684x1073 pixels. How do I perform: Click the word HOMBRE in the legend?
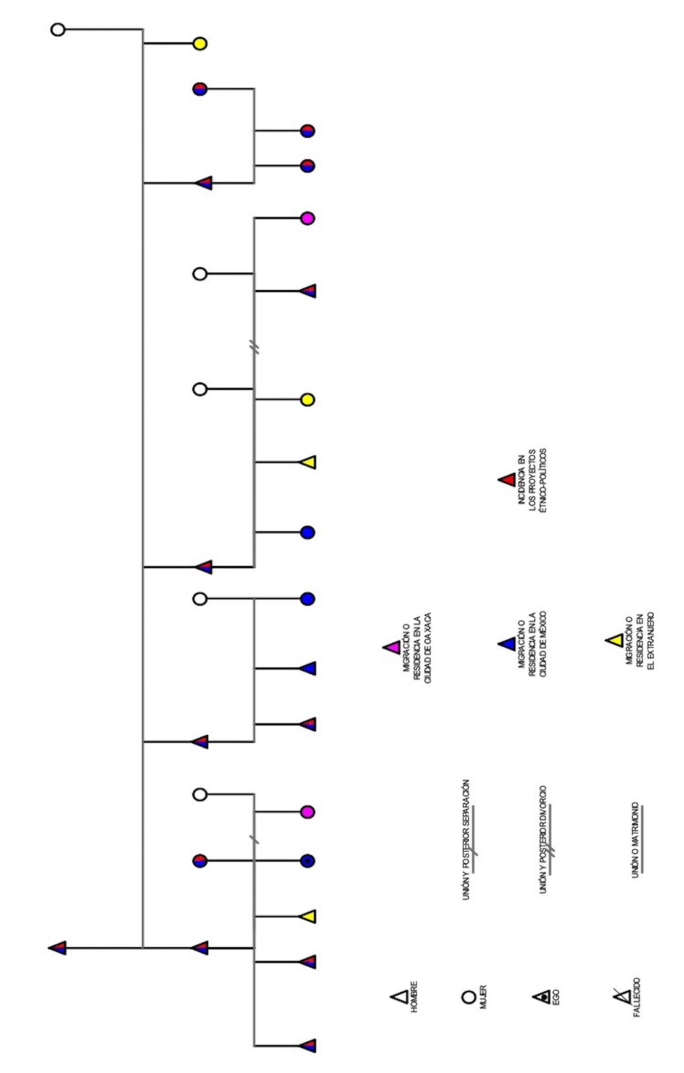tap(414, 997)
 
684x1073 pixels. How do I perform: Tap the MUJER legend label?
tap(483, 997)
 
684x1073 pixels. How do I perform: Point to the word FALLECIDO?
tap(637, 997)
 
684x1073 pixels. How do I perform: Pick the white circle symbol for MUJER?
tap(469, 997)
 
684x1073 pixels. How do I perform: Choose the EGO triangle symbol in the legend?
tap(542, 996)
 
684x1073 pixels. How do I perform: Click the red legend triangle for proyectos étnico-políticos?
tap(508, 480)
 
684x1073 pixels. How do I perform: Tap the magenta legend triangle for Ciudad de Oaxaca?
tap(393, 647)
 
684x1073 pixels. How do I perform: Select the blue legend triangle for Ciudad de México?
tap(508, 644)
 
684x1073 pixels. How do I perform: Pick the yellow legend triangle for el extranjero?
tap(615, 640)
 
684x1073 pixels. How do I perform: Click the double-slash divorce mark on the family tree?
tap(255, 347)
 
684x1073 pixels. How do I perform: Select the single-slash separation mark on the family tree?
tap(254, 839)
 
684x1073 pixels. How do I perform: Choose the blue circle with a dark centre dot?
tap(307, 861)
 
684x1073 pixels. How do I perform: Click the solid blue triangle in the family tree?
tap(308, 668)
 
